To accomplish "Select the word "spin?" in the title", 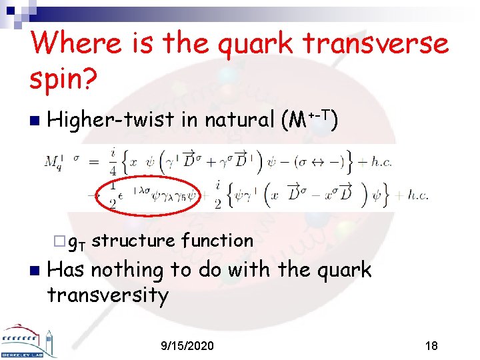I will [64, 79].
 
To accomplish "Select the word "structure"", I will [133, 240].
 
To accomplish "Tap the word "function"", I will [217, 240].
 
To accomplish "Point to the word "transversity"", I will [109, 294].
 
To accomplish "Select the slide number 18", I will [431, 346].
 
